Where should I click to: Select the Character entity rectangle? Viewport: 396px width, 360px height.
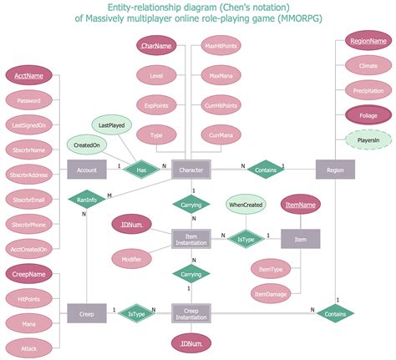[192, 170]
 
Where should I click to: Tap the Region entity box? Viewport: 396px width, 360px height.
[334, 170]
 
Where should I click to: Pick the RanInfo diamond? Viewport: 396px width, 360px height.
[86, 200]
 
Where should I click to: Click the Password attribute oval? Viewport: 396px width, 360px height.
[29, 100]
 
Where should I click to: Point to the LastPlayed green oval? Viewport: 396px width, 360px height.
[112, 124]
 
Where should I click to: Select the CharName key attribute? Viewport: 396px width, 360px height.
[156, 46]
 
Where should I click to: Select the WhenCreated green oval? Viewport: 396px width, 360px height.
[245, 205]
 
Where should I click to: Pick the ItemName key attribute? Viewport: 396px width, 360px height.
[301, 205]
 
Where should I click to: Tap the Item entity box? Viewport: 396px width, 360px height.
[301, 240]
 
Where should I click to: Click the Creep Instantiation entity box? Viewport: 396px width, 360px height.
[192, 313]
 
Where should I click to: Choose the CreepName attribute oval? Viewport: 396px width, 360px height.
[29, 273]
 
